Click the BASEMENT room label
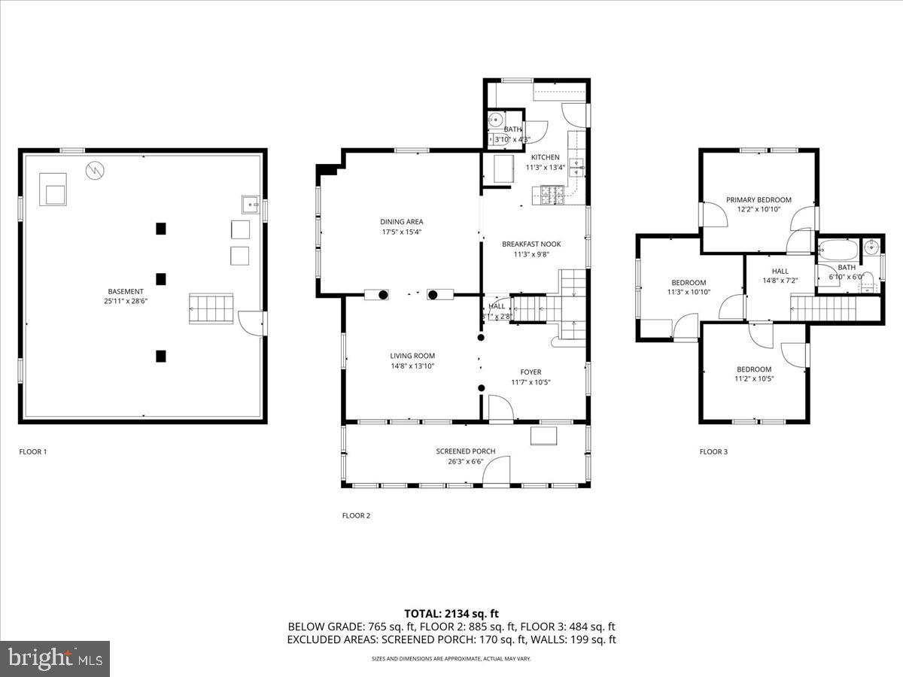pyautogui.click(x=125, y=291)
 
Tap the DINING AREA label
pyautogui.click(x=401, y=222)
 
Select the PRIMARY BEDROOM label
pyautogui.click(x=759, y=200)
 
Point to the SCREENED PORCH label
pyautogui.click(x=466, y=451)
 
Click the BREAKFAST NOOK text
pyautogui.click(x=531, y=244)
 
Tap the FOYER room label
pyautogui.click(x=531, y=372)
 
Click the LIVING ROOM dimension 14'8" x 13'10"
pyautogui.click(x=412, y=366)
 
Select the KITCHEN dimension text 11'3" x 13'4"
pyautogui.click(x=545, y=167)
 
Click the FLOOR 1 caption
pyautogui.click(x=33, y=452)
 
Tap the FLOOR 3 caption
pyautogui.click(x=713, y=452)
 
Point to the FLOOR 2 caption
pyautogui.click(x=356, y=516)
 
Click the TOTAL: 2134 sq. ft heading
pyautogui.click(x=451, y=614)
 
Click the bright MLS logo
pyautogui.click(x=55, y=659)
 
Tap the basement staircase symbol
pyautogui.click(x=211, y=308)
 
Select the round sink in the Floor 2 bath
pyautogui.click(x=496, y=120)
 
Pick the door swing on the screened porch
pyautogui.click(x=497, y=472)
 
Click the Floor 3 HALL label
pyautogui.click(x=780, y=271)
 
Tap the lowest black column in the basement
pyautogui.click(x=160, y=356)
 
